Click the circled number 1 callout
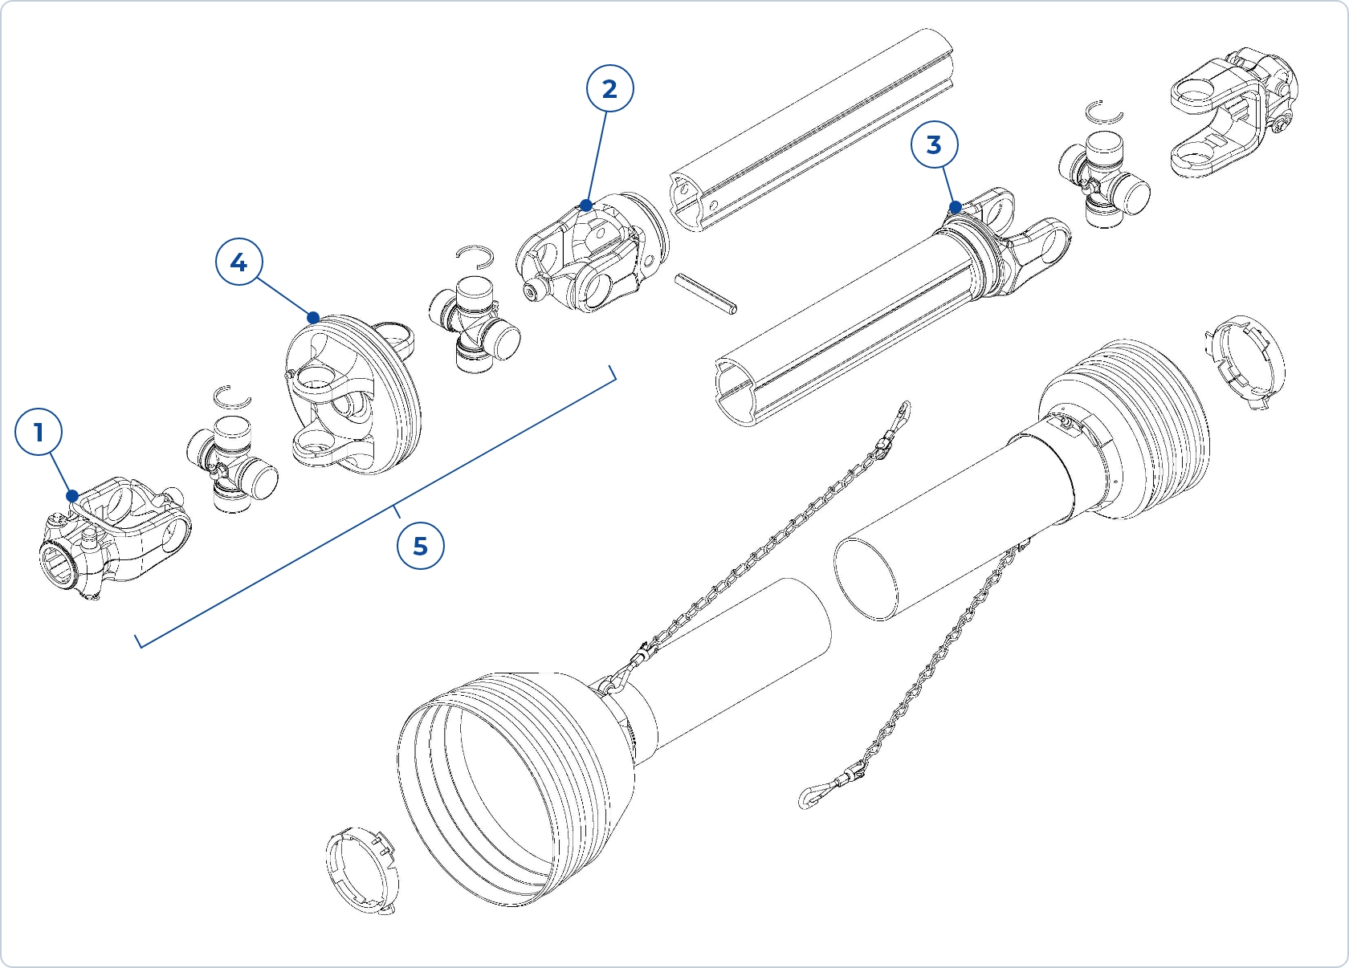(x=39, y=433)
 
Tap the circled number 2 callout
(x=609, y=88)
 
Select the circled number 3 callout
(x=934, y=144)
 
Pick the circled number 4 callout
(x=238, y=262)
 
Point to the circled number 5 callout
(x=420, y=546)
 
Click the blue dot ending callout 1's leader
(x=72, y=496)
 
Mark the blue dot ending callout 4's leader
(x=313, y=318)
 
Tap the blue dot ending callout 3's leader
(x=956, y=207)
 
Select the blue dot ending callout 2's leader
(x=586, y=205)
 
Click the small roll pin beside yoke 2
(x=706, y=294)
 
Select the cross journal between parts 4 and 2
(x=474, y=323)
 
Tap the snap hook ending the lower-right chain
(x=812, y=795)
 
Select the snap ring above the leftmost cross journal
(x=232, y=397)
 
